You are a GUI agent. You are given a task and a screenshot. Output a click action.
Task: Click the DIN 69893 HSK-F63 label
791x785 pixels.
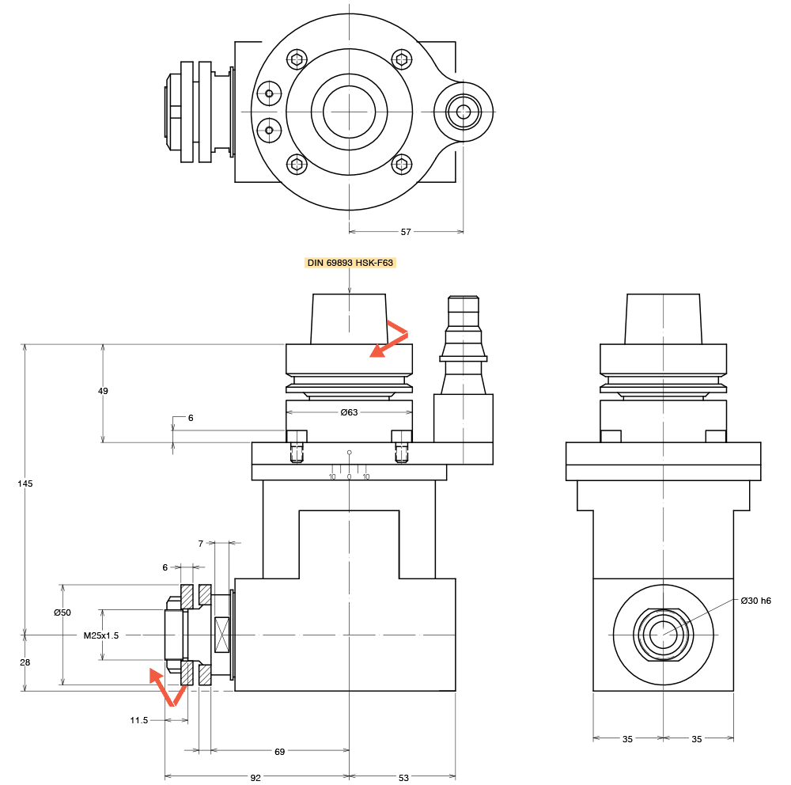click(x=350, y=263)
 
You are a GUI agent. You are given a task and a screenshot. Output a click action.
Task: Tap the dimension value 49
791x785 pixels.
click(x=103, y=391)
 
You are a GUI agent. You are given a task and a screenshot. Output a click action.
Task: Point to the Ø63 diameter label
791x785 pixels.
click(x=349, y=412)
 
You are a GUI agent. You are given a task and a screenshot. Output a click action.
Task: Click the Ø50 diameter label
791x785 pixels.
click(x=62, y=613)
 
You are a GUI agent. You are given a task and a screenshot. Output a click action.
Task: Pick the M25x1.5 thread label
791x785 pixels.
click(x=101, y=635)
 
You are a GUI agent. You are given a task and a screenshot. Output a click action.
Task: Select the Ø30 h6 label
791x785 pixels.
click(x=755, y=601)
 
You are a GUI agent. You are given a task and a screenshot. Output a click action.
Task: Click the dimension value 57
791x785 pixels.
click(x=406, y=232)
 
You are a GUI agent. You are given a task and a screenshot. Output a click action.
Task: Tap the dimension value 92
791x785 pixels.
click(x=255, y=778)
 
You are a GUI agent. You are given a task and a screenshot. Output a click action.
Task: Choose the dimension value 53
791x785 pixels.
click(x=403, y=778)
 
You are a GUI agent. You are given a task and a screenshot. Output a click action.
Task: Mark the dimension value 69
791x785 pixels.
click(x=279, y=752)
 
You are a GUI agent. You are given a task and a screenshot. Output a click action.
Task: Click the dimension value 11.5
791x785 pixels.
click(x=138, y=720)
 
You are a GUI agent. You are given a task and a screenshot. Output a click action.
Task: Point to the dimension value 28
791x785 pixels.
click(x=25, y=663)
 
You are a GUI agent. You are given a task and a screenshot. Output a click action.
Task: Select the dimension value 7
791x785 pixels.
click(x=201, y=544)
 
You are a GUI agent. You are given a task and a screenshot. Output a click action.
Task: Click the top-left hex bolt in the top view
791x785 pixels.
click(x=297, y=59)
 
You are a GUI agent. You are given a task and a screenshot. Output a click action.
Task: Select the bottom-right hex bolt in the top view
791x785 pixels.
click(x=402, y=165)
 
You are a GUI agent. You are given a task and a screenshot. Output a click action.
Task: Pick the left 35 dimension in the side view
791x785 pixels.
click(x=627, y=739)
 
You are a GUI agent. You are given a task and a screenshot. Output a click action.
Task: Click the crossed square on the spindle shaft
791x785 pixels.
click(x=221, y=635)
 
